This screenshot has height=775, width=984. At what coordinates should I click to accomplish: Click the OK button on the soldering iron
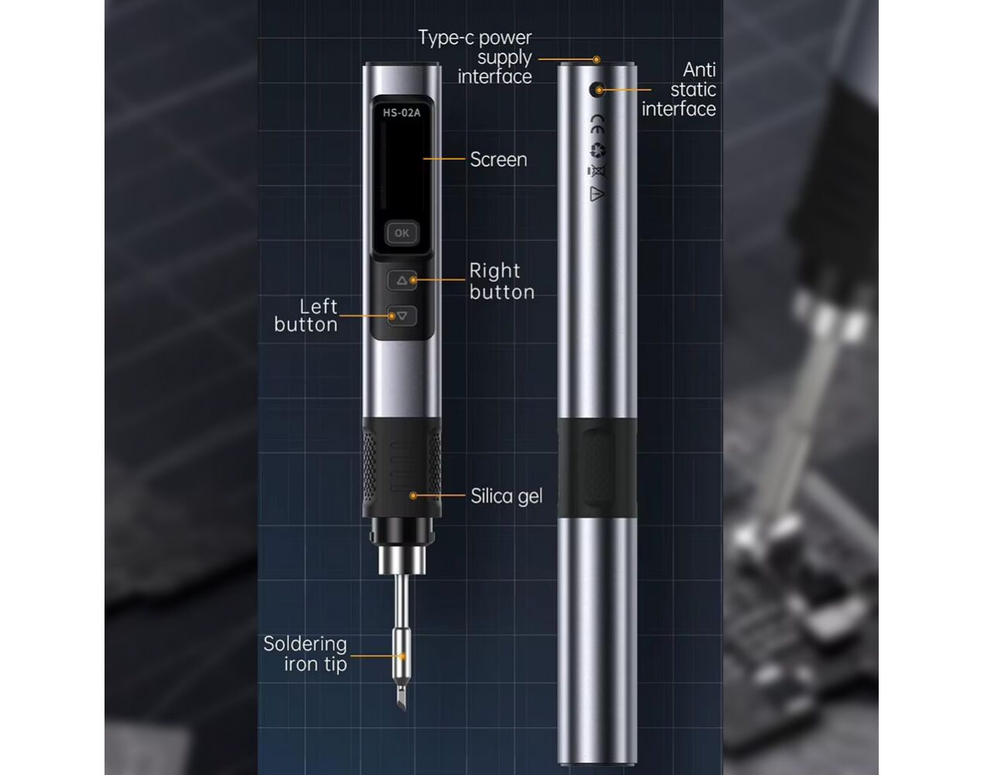402,233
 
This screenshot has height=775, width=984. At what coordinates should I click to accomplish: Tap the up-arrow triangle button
402,280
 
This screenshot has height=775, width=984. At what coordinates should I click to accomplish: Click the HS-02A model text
402,112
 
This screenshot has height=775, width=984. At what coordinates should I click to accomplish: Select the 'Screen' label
499,160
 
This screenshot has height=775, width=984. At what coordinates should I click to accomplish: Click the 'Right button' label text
502,281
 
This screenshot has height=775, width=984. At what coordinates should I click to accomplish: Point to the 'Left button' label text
306,315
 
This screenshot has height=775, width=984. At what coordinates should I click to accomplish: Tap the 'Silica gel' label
506,496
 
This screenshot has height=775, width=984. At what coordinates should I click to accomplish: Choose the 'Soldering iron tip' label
306,654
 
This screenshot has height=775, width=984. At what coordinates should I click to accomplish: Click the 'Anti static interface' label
679,90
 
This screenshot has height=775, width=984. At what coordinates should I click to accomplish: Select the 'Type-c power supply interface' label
475,57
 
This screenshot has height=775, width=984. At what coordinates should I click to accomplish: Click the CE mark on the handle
597,123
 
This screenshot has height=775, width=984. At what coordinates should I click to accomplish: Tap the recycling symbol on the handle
597,150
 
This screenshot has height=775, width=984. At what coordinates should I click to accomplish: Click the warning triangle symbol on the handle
596,194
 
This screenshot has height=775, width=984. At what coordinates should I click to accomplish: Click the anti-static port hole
596,89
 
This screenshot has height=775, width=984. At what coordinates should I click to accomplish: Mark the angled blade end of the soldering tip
402,701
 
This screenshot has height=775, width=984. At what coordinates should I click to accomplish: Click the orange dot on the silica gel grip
413,496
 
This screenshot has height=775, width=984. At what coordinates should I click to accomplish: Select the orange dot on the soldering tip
402,656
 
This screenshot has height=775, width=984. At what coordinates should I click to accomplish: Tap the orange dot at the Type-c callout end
596,60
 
